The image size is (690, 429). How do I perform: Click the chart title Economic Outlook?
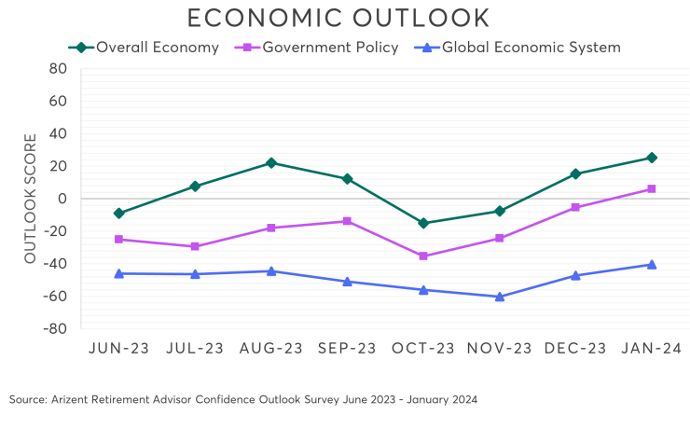pos(338,18)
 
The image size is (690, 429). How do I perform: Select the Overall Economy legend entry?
pos(145,47)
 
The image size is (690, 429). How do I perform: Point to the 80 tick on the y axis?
pos(58,68)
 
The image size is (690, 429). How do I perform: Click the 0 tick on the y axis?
pos(62,199)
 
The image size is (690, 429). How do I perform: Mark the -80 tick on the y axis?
pos(55,328)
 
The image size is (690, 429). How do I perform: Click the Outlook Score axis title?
pos(30,199)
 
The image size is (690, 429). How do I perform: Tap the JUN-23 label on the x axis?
pos(118,349)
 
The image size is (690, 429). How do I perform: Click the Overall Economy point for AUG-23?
pos(271,162)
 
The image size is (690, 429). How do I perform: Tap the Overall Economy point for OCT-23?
pos(423,223)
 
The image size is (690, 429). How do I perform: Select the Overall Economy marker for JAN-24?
pos(652,158)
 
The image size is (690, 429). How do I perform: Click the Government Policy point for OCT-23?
pos(423,256)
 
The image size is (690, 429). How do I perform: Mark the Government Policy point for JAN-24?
pos(652,188)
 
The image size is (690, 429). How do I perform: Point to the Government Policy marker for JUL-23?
pos(195,246)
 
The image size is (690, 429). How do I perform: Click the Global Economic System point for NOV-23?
pos(500,297)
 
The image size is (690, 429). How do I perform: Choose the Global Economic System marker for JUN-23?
pos(118,273)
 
